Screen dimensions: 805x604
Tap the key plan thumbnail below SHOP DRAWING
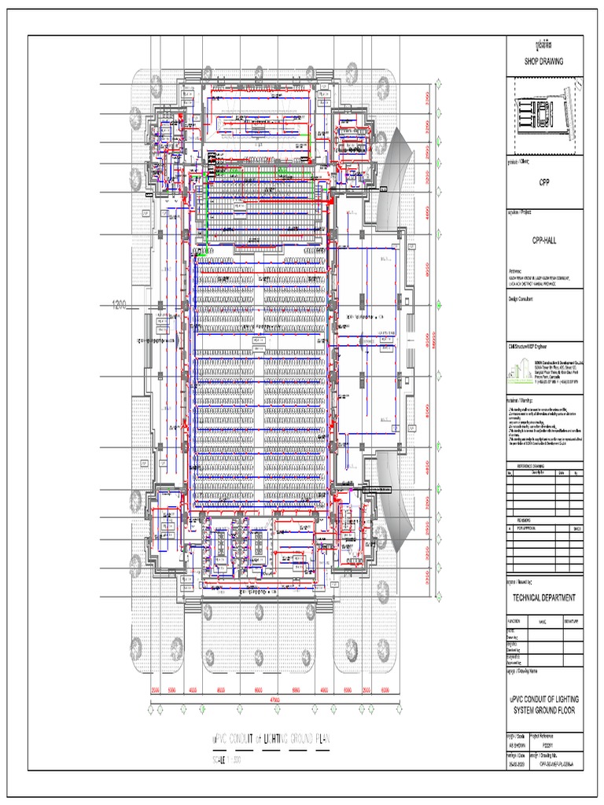[x=545, y=116]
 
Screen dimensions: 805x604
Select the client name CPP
[x=544, y=182]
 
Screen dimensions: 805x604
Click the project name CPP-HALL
[x=544, y=243]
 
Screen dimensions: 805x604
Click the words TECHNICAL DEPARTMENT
[x=544, y=597]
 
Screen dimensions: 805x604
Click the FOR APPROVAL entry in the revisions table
[x=528, y=528]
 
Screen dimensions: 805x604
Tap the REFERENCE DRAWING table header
[x=544, y=465]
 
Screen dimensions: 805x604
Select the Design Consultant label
[x=522, y=299]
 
